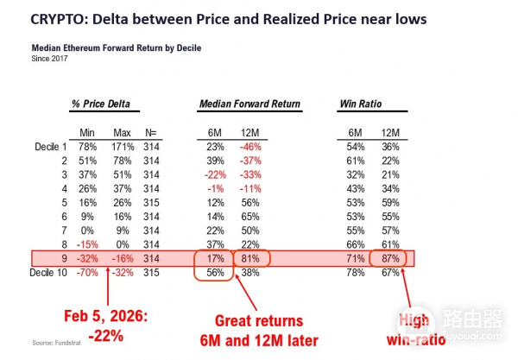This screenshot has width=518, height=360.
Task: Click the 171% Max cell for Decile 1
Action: [x=123, y=148]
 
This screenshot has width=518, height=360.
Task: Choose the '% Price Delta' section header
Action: [x=100, y=104]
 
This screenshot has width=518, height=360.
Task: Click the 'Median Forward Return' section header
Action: [x=250, y=104]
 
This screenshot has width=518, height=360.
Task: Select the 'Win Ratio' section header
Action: [x=359, y=104]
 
